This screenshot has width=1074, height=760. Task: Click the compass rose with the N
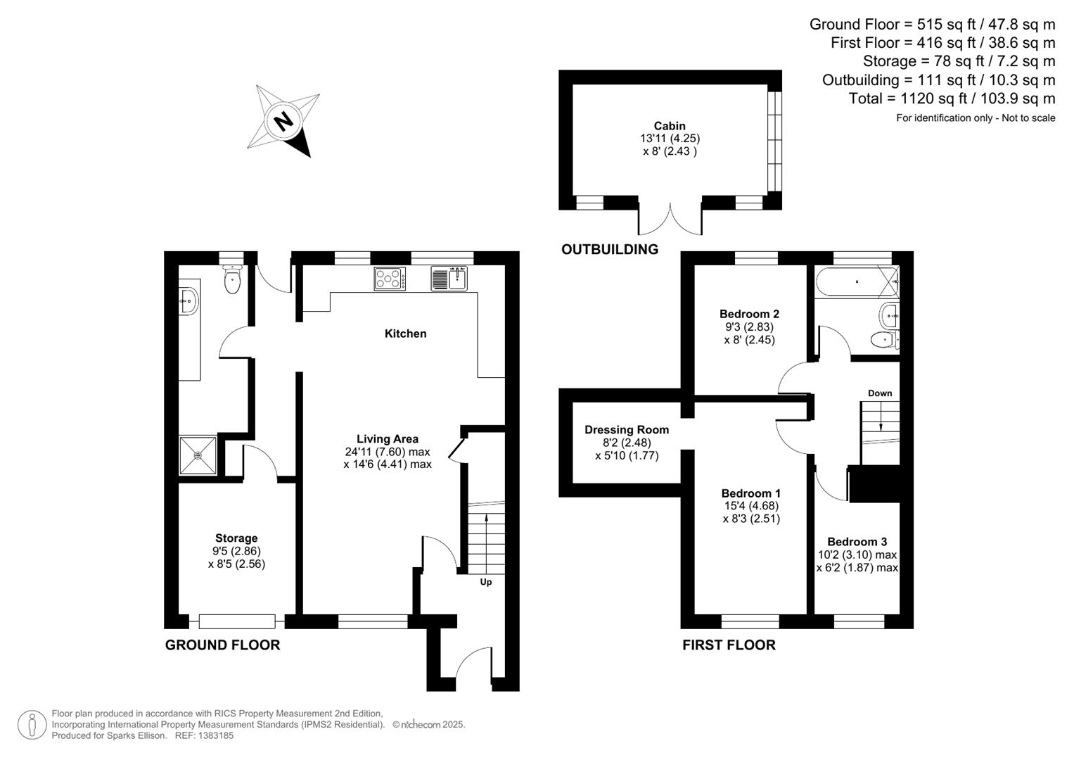tap(284, 121)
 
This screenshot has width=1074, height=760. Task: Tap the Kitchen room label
tap(405, 334)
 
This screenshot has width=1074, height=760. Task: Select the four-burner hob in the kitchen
tap(390, 279)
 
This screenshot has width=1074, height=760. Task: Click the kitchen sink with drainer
tap(449, 279)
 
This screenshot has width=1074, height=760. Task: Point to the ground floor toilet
tap(232, 280)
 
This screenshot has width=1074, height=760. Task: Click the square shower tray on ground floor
tap(198, 455)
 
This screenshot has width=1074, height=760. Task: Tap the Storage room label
tap(236, 538)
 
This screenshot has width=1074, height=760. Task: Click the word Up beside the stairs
tap(486, 582)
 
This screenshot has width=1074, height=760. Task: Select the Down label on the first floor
tap(880, 393)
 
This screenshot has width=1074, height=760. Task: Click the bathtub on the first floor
tap(856, 281)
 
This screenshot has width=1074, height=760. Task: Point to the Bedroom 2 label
tap(749, 314)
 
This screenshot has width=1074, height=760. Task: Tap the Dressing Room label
tap(627, 430)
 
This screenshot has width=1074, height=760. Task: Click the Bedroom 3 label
tap(857, 542)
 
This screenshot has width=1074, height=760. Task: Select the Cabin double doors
tap(670, 220)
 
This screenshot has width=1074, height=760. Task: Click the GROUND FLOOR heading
tap(222, 645)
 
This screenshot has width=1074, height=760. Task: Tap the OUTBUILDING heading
tap(610, 249)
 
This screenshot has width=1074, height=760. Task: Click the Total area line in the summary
tap(952, 99)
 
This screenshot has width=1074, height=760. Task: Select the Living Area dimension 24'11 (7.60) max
tap(388, 452)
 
